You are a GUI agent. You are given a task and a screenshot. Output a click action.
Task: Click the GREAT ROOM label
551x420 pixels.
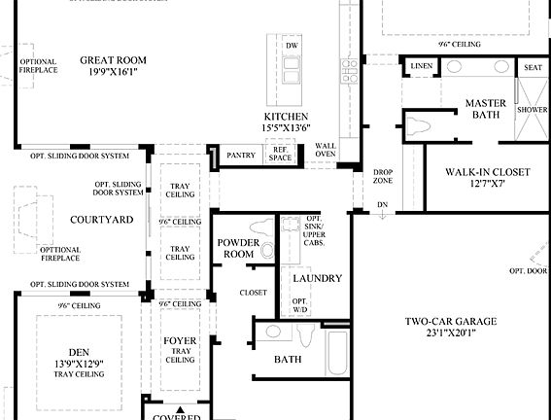(113, 58)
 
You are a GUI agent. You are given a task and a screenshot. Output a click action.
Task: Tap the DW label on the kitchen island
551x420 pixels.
(292, 46)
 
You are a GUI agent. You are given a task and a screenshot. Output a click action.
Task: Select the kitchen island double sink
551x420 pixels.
(291, 69)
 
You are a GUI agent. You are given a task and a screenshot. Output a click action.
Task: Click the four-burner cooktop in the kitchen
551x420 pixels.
(348, 71)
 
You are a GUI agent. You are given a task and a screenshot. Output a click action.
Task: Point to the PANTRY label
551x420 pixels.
(240, 156)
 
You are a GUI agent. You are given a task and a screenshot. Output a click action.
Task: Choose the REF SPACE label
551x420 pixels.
(280, 155)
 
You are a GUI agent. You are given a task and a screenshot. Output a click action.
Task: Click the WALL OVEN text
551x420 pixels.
(326, 151)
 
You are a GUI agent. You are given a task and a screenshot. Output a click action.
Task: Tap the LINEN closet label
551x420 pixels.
(421, 66)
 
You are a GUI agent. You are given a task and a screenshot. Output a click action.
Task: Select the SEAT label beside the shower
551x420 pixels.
(533, 68)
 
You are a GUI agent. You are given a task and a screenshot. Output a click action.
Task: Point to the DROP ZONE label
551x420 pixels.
(383, 177)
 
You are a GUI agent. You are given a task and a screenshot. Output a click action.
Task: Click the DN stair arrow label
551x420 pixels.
(382, 205)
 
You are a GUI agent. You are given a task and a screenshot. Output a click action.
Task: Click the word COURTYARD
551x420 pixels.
(102, 220)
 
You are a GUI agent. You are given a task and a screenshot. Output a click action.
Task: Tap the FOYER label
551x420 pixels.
(180, 341)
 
